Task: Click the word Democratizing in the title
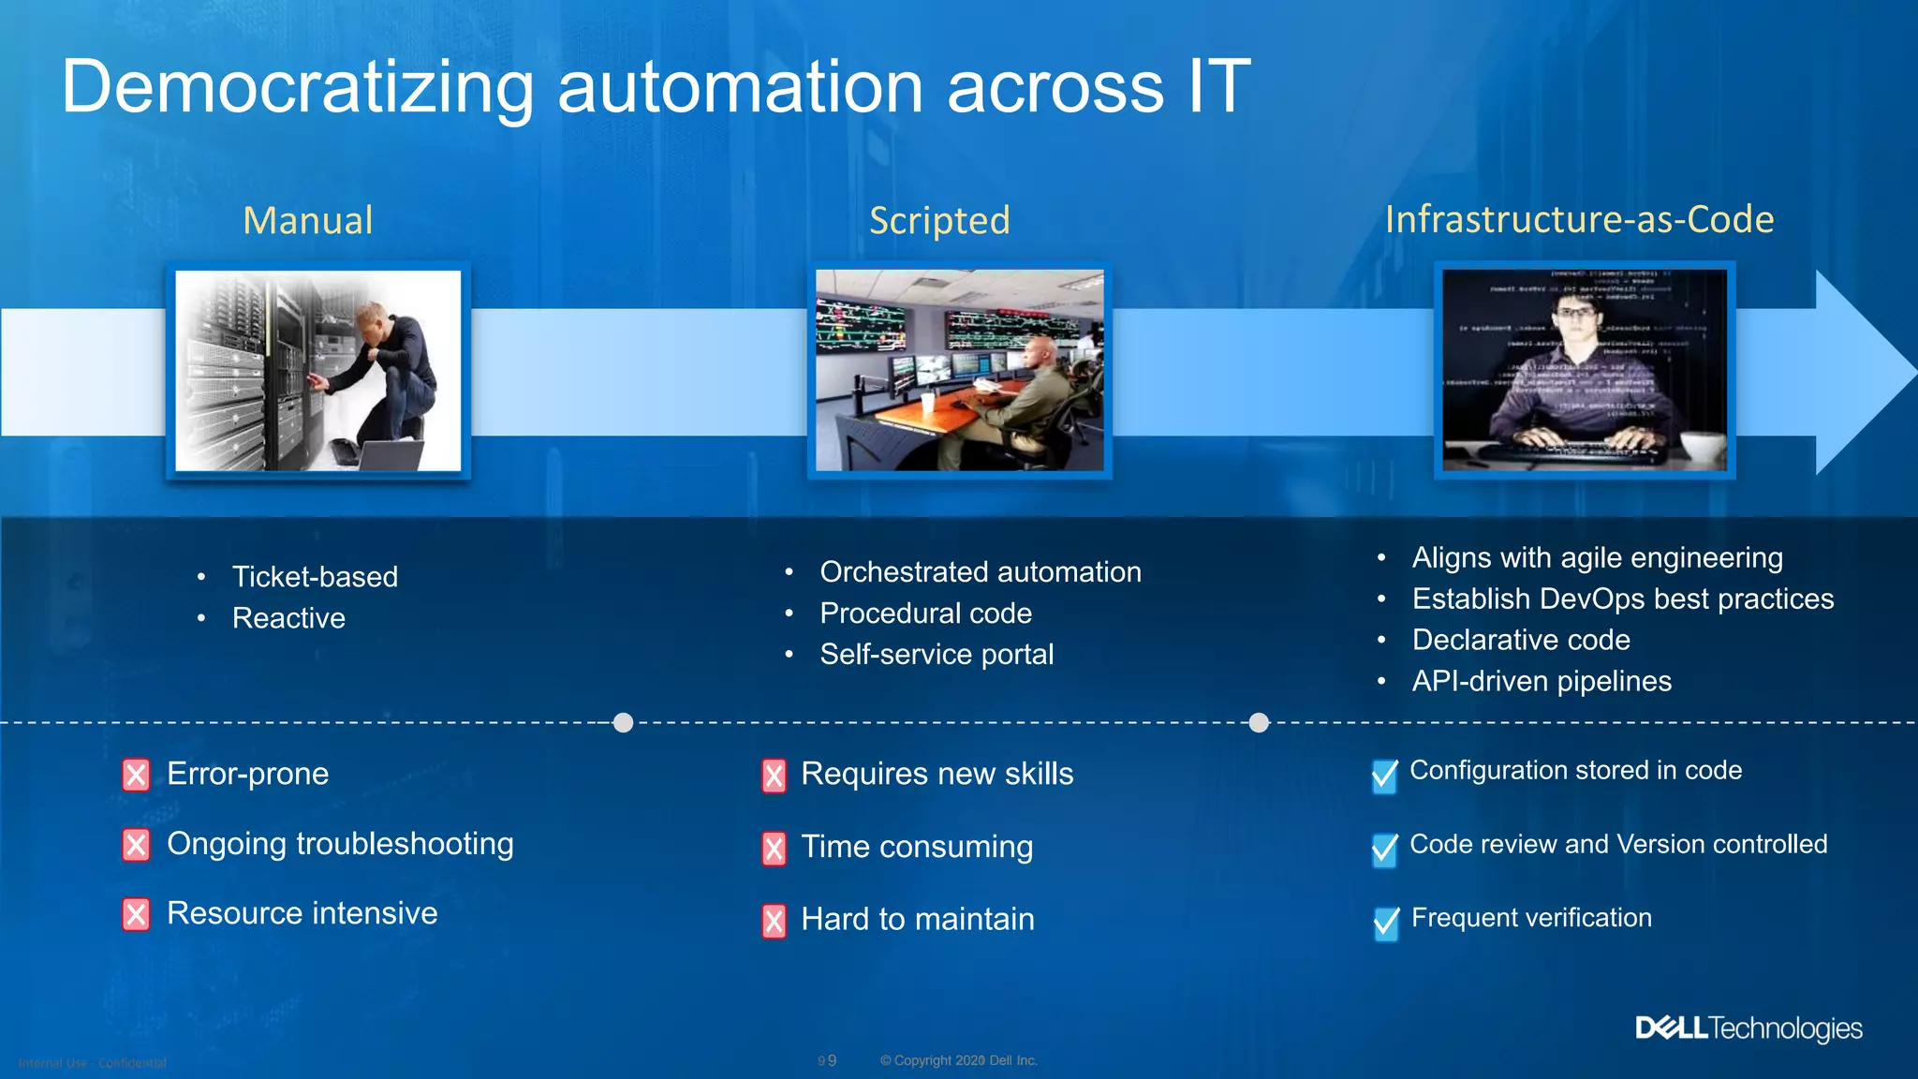[x=298, y=87]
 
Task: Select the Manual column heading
[x=308, y=221]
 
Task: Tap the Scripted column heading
[x=939, y=221]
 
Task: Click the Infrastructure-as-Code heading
[x=1579, y=219]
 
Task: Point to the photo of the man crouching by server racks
[x=318, y=371]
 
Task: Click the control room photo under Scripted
[x=959, y=371]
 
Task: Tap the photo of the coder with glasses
[x=1585, y=371]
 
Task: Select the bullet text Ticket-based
[x=315, y=577]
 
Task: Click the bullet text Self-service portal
[x=937, y=655]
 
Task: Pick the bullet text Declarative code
[x=1521, y=640]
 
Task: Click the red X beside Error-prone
[x=136, y=776]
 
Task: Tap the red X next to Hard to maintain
[x=774, y=922]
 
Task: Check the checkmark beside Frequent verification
[x=1386, y=923]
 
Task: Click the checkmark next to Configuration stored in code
[x=1384, y=776]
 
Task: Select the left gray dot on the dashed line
[x=623, y=723]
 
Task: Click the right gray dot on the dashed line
[x=1259, y=723]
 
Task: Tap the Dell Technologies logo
[x=1748, y=1028]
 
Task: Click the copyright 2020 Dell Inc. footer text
[x=958, y=1060]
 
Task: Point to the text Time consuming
[x=917, y=847]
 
